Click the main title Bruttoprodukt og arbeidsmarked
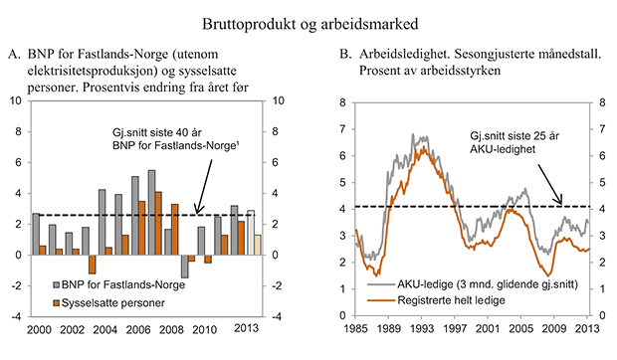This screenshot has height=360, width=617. pyautogui.click(x=308, y=21)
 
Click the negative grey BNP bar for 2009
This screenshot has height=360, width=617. pyautogui.click(x=184, y=266)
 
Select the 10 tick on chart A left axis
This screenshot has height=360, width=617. pyautogui.click(x=15, y=101)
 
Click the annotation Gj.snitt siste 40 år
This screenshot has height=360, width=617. pyautogui.click(x=160, y=132)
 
